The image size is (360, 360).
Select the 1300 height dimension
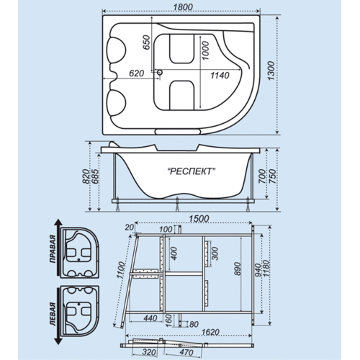271,71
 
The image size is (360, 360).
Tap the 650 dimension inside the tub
146,42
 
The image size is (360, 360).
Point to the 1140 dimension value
220,76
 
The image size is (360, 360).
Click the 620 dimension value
136,73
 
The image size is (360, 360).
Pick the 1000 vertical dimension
205,50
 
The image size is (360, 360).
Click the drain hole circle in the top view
160,72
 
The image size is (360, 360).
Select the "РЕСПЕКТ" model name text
191,171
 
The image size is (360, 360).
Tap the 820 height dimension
86,176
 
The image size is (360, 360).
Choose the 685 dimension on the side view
95,176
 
